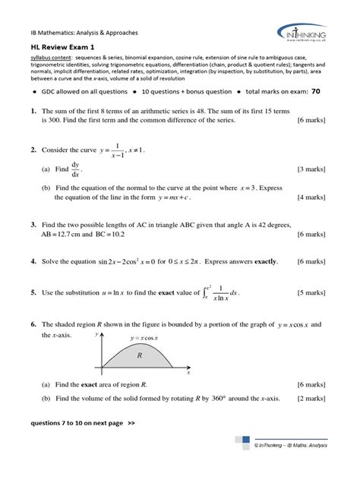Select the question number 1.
coord(34,111)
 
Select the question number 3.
coord(34,226)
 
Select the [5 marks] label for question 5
coord(311,292)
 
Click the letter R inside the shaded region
coord(140,355)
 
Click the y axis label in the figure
coord(97,333)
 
